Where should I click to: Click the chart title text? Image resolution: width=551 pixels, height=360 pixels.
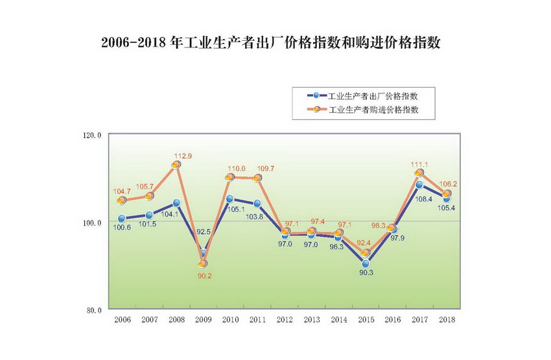click(x=275, y=43)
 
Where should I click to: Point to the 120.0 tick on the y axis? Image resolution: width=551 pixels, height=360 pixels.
click(x=93, y=135)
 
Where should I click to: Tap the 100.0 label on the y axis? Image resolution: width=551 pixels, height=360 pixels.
click(x=93, y=222)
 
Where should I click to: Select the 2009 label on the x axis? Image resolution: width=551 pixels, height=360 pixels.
click(x=203, y=320)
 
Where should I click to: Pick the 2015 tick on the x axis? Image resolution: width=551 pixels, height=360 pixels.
click(x=366, y=320)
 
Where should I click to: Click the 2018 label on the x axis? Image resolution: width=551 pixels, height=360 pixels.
click(x=447, y=320)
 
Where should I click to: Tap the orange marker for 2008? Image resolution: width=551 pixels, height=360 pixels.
click(x=176, y=165)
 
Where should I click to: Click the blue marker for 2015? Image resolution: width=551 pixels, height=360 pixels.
click(x=366, y=263)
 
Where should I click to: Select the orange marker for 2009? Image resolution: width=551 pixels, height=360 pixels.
click(x=203, y=264)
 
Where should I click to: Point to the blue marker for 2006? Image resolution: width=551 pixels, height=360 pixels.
click(x=121, y=219)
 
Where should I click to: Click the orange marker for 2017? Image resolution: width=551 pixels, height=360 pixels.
click(x=419, y=173)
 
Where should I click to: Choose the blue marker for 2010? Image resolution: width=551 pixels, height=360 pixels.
click(x=229, y=199)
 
